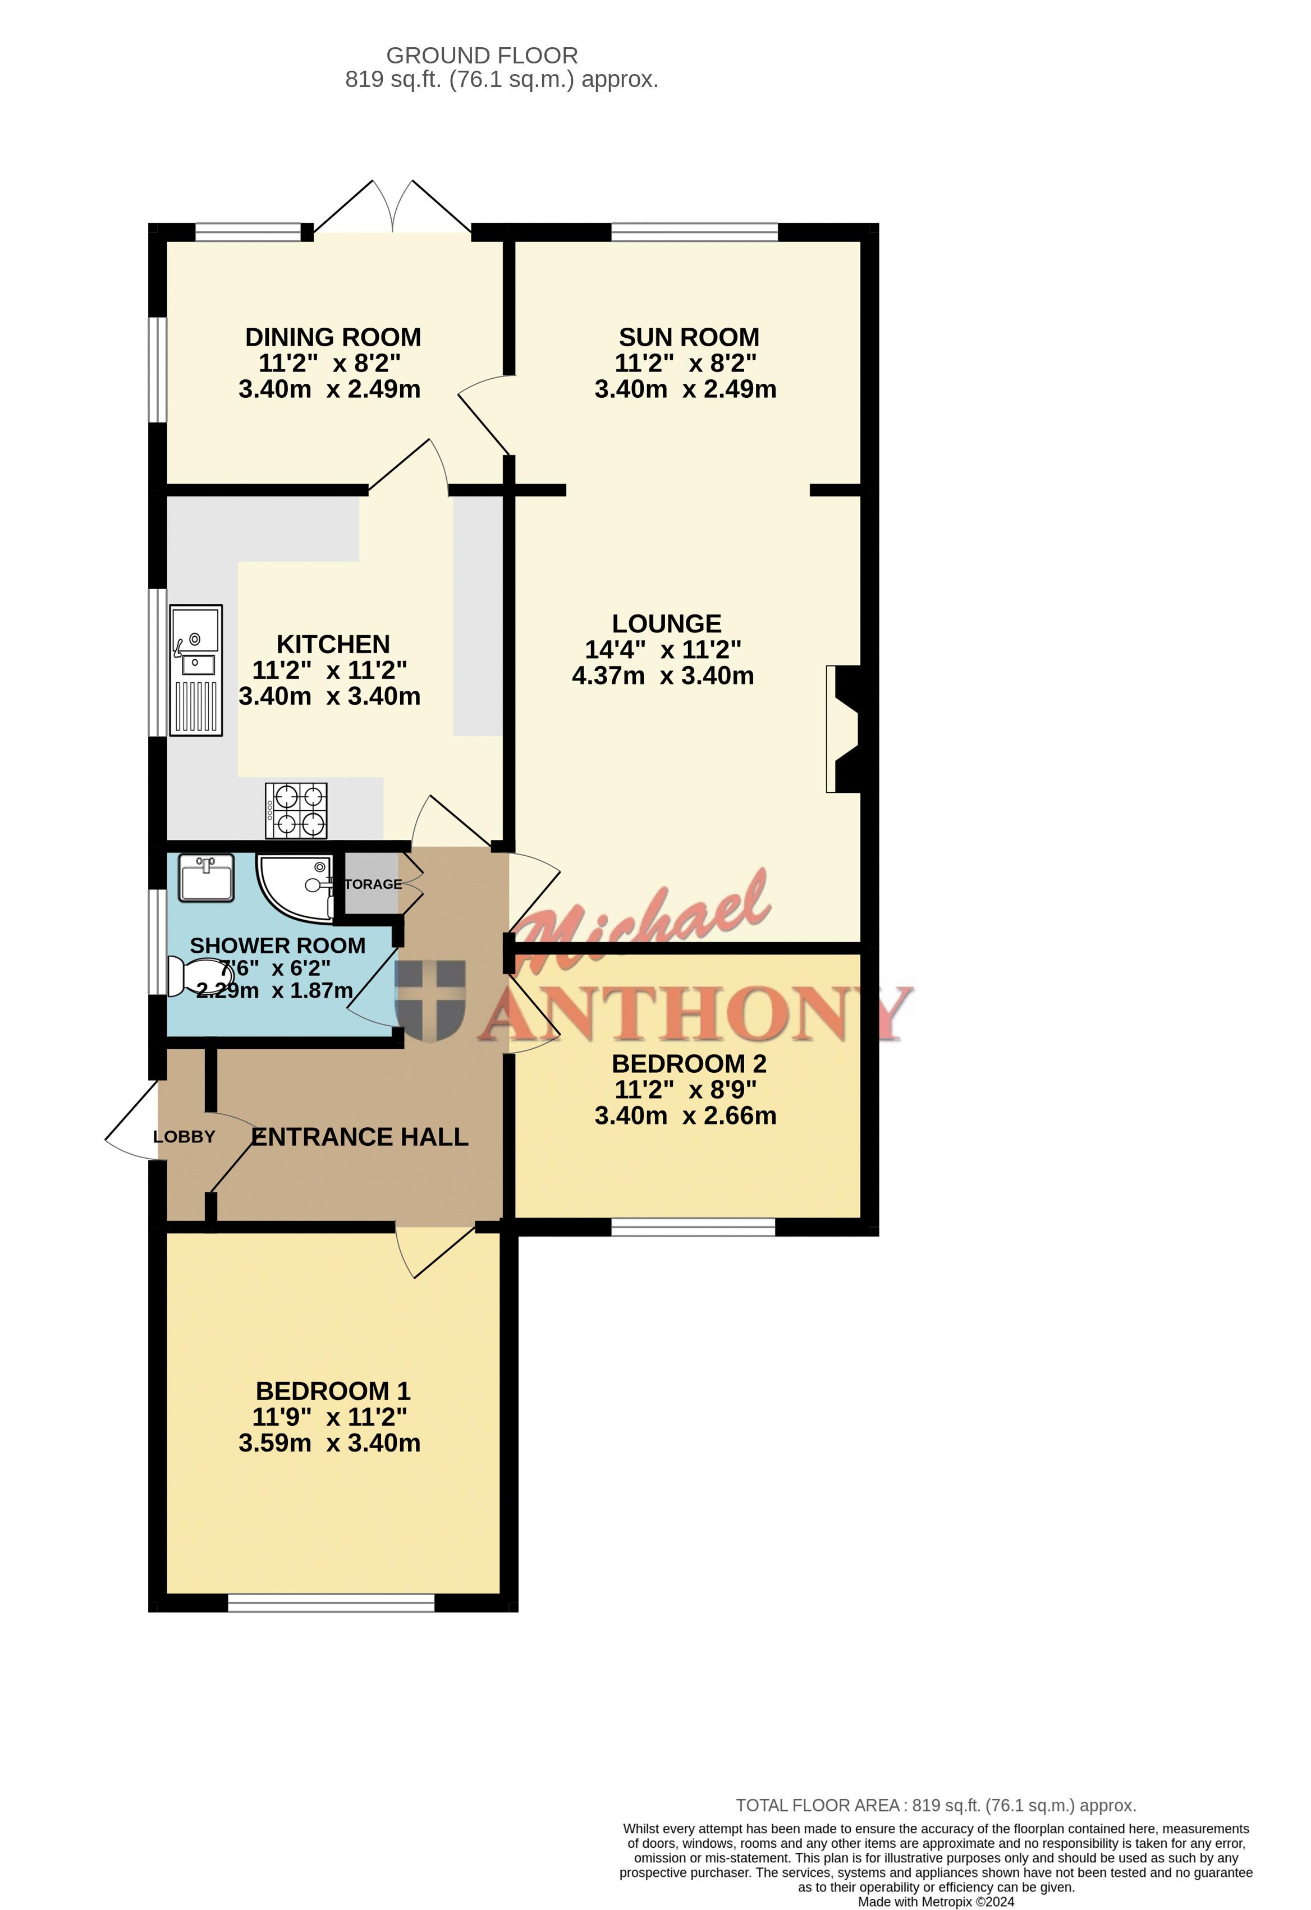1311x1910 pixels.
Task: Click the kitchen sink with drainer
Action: (196, 670)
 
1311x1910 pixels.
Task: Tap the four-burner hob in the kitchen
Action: (296, 810)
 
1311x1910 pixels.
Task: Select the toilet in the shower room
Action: (190, 976)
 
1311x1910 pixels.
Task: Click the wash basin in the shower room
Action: (207, 878)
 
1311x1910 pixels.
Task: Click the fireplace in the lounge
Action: (844, 729)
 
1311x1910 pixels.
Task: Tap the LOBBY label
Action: (184, 1137)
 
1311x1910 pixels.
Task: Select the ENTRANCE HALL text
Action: (360, 1137)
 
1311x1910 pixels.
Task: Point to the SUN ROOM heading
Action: (689, 337)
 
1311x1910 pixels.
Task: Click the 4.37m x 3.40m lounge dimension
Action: (662, 676)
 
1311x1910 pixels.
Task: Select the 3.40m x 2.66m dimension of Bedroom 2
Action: (685, 1115)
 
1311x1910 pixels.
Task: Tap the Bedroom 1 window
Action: (331, 1603)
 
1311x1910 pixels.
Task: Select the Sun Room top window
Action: (695, 232)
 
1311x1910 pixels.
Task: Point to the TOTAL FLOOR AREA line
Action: (936, 1806)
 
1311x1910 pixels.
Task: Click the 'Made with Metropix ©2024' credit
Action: (936, 1902)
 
